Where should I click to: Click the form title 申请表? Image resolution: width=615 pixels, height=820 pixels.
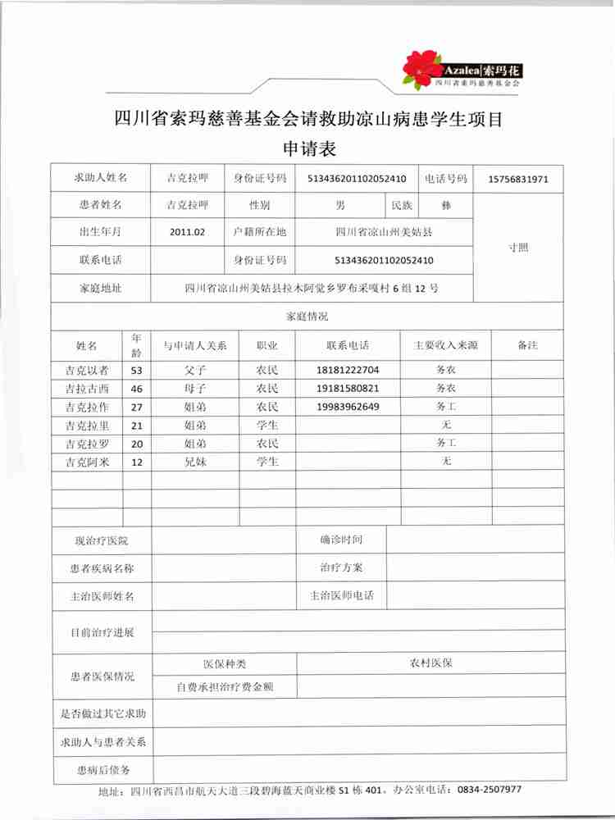point(308,149)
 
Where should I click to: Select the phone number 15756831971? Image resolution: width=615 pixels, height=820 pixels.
point(518,179)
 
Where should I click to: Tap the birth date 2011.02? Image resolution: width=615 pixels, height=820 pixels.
point(188,232)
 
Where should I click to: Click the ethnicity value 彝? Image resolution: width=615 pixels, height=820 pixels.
point(446,205)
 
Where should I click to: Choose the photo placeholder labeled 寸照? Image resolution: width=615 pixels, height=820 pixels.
point(518,247)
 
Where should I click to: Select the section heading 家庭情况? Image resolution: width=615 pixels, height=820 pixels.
point(307,316)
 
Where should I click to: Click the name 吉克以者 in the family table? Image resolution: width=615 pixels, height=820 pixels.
point(86,370)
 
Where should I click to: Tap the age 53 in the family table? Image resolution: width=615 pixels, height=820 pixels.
point(136,370)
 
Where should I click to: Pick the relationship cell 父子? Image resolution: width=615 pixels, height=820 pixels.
point(195,370)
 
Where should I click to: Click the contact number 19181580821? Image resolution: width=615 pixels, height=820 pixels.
point(348,388)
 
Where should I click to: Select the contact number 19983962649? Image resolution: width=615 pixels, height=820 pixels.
point(348,406)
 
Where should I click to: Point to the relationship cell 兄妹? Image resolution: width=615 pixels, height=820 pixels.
point(195,462)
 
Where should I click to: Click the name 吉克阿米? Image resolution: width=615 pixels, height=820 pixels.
point(86,462)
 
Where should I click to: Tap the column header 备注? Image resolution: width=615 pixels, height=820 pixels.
point(527,345)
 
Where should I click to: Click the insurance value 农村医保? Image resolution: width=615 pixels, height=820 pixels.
point(431,663)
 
